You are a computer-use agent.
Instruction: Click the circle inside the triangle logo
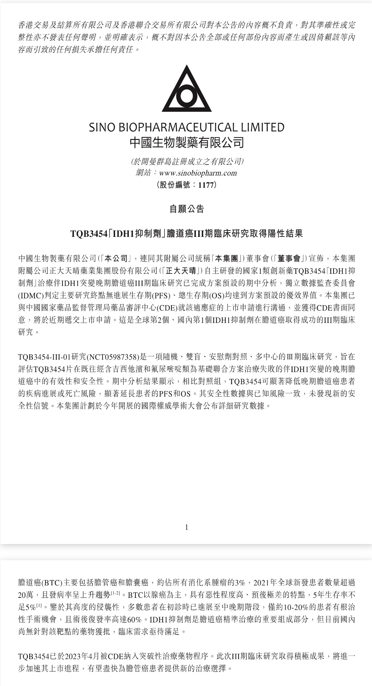coord(187,96)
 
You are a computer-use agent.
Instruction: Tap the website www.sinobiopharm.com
coord(198,173)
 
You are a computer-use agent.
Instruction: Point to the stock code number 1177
coord(206,185)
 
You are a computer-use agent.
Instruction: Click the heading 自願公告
coord(187,209)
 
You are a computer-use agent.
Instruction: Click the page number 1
coord(187,527)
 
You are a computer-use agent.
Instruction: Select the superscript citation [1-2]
coord(115,593)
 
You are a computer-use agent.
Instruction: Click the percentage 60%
coord(134,619)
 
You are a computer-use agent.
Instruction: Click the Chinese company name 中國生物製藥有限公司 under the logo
coord(187,142)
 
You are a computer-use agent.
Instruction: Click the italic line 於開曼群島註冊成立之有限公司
coord(187,161)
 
